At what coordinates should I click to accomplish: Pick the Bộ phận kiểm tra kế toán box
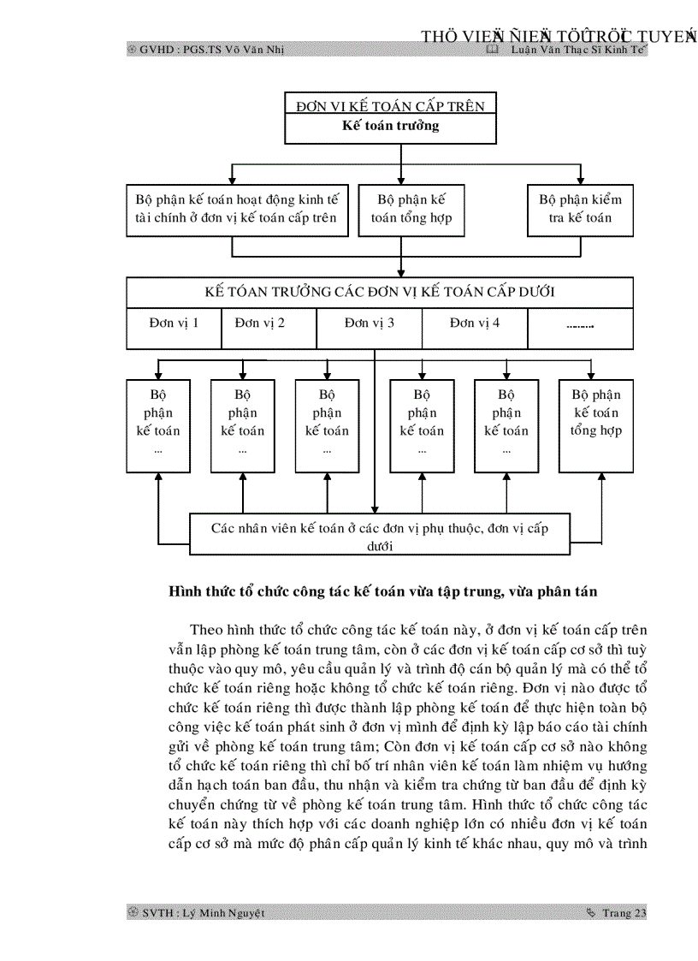click(580, 209)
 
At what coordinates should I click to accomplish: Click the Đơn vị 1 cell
click(174, 323)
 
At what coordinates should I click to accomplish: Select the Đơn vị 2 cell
click(269, 323)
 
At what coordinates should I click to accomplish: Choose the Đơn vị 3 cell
click(370, 323)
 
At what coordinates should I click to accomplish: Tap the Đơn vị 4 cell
click(475, 323)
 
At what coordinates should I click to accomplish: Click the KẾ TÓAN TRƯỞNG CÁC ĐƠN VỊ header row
click(380, 292)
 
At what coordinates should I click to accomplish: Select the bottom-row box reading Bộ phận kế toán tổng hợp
click(596, 425)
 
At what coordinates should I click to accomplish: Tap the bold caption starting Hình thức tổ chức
click(383, 591)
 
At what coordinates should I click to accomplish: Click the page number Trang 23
click(624, 913)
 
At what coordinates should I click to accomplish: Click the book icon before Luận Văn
click(491, 50)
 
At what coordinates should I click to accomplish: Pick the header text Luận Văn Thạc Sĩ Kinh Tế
click(577, 50)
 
